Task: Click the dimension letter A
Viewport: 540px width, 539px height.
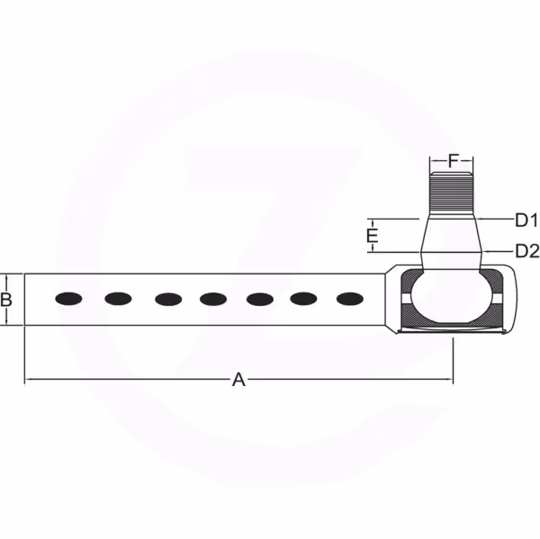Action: click(x=238, y=380)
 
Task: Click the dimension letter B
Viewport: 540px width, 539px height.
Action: click(x=6, y=300)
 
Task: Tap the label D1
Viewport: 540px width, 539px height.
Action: click(x=526, y=220)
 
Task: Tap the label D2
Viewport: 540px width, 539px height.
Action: click(x=526, y=251)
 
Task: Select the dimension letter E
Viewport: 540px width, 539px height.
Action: click(x=373, y=236)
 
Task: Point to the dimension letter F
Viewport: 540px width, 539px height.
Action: click(x=454, y=160)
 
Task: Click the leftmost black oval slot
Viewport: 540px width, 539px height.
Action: click(x=68, y=299)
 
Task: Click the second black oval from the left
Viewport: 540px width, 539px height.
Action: click(x=118, y=299)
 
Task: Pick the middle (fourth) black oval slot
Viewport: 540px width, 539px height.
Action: click(x=213, y=299)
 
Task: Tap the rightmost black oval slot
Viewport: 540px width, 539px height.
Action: click(x=349, y=299)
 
